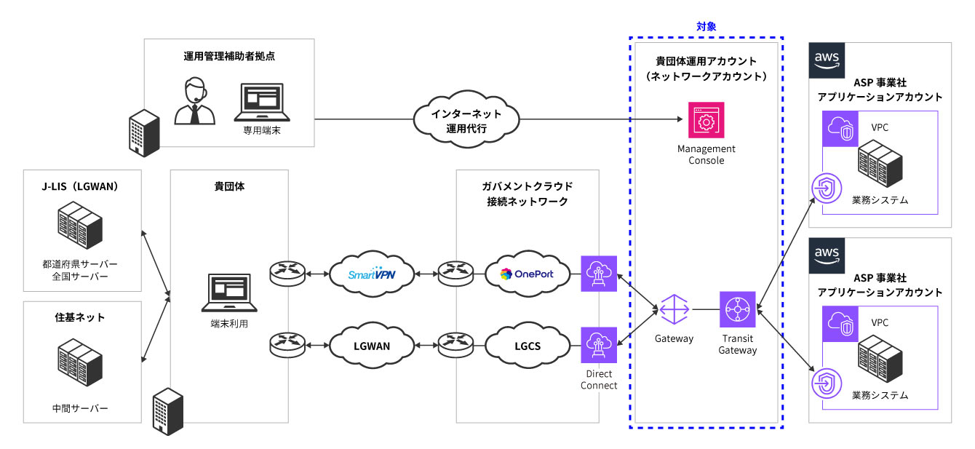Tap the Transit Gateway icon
pos(737,311)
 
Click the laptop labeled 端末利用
pos(228,293)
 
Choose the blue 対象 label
pos(706,26)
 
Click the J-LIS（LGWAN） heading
pos(81,186)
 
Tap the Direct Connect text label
pos(599,380)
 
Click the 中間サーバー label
pos(81,408)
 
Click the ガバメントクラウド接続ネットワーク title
pos(527,194)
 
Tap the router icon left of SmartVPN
pos(287,274)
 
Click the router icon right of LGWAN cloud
pos(455,344)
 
